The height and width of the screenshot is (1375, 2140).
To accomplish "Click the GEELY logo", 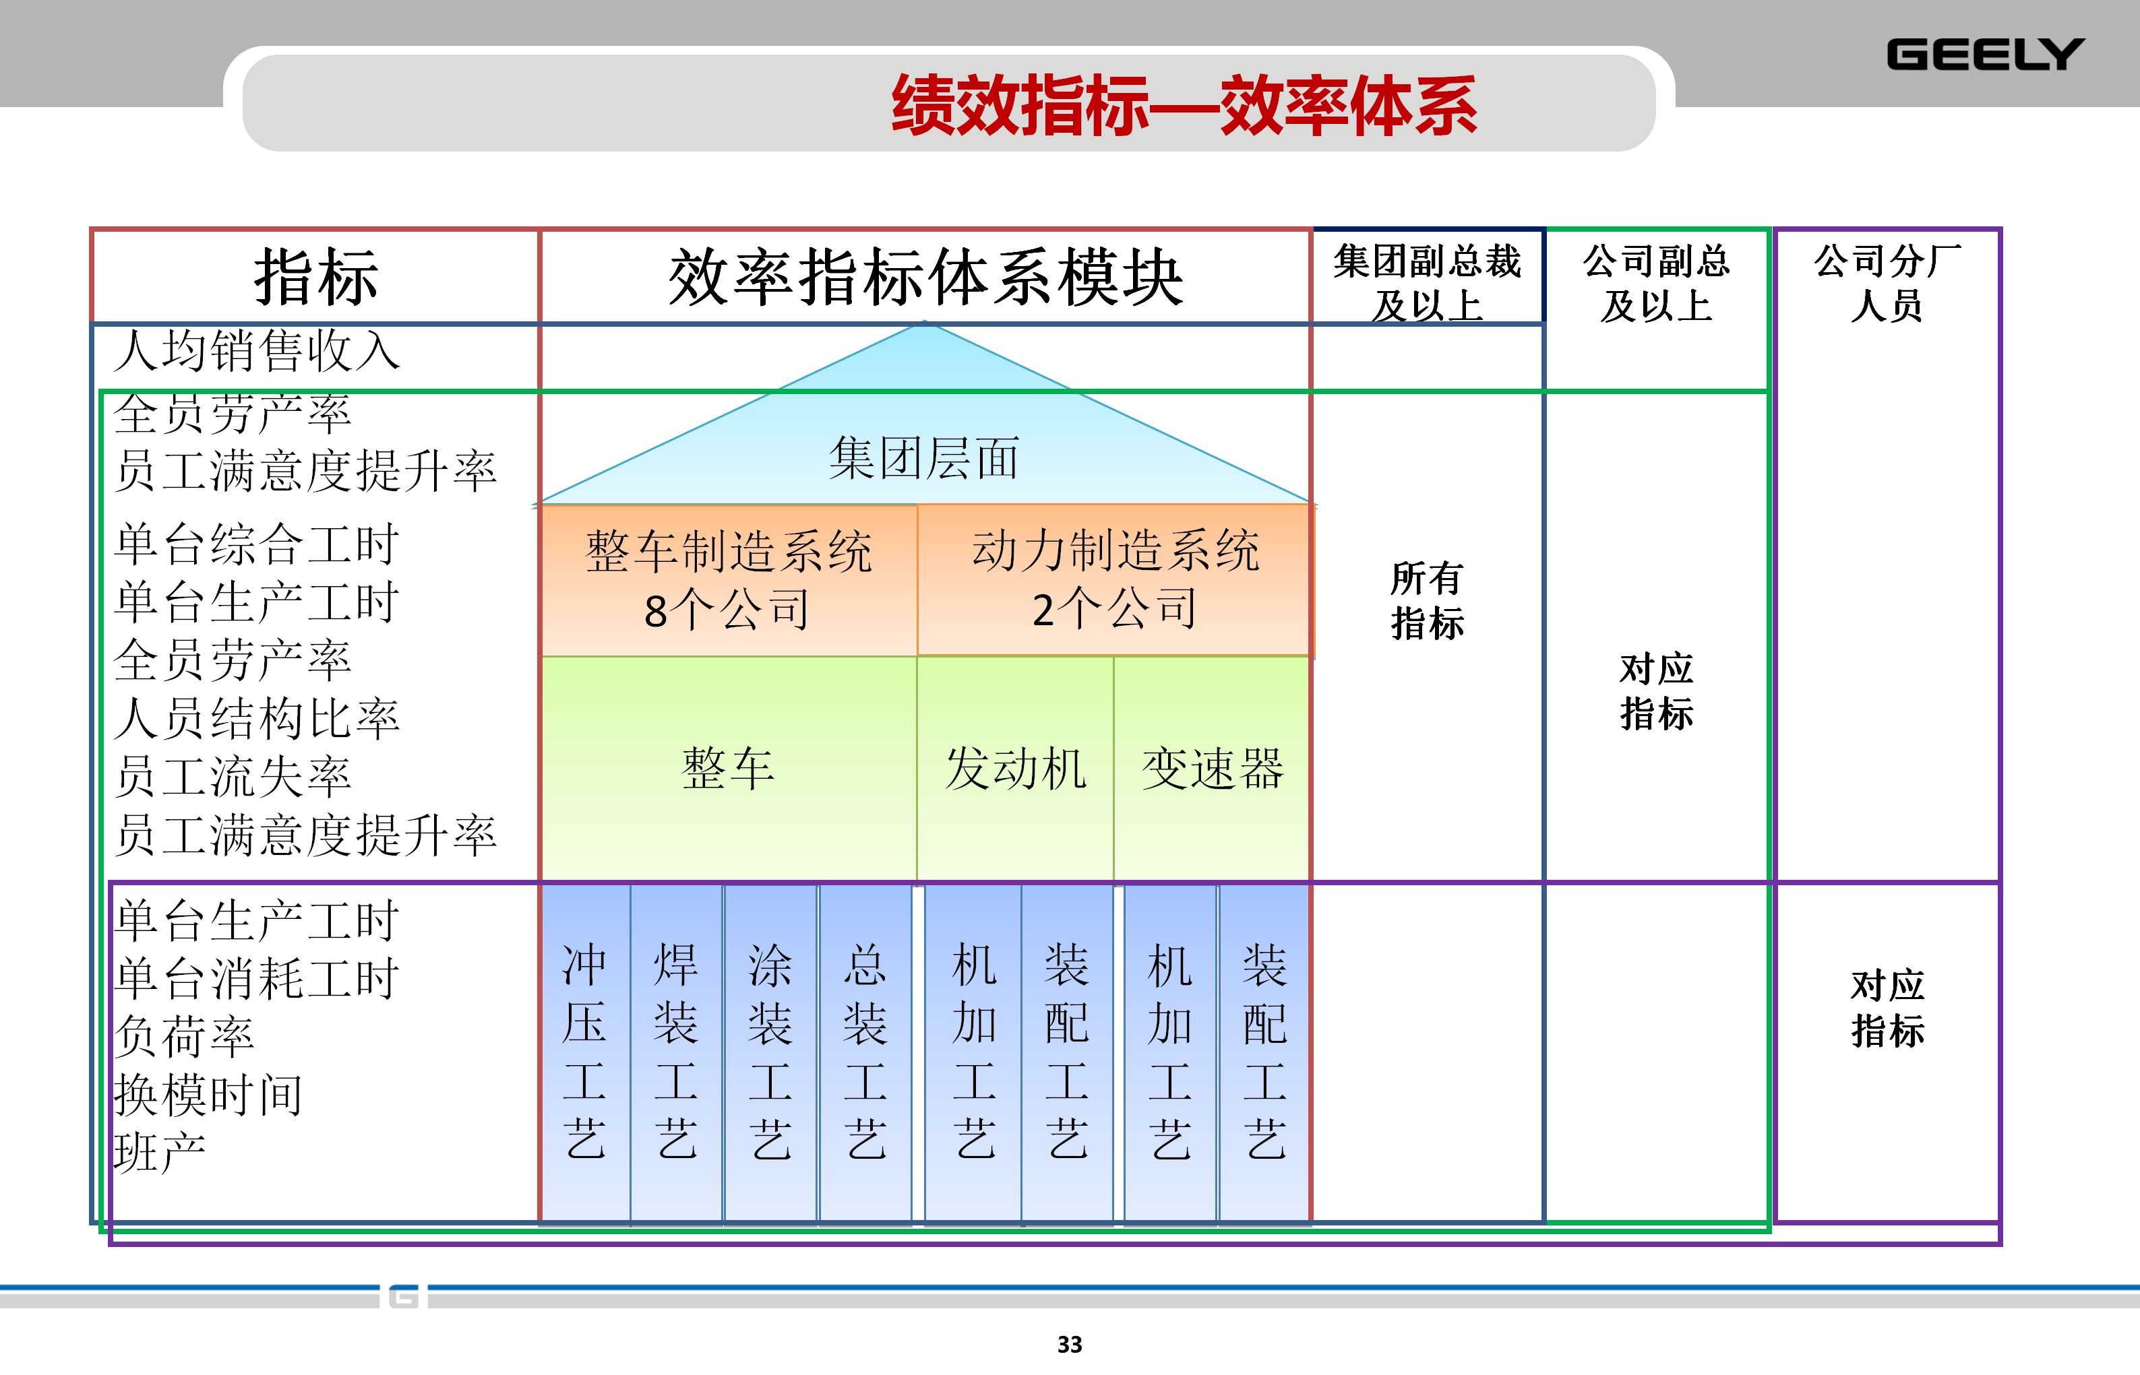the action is click(1984, 55).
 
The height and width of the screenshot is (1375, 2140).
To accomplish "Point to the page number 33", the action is click(1069, 1344).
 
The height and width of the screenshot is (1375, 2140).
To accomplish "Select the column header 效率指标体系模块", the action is click(925, 278).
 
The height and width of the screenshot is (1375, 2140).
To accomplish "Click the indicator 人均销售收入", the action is click(257, 350).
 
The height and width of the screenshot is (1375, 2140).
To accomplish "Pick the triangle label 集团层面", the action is click(923, 459).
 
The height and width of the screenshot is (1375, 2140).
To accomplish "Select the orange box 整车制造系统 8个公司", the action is click(728, 579).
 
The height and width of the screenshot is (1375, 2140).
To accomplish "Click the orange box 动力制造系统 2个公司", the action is click(1115, 579).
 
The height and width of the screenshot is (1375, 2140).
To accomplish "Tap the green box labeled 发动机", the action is click(1016, 769).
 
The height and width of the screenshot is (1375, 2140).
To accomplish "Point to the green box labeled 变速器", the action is click(1212, 769).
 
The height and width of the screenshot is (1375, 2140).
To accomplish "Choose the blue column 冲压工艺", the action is click(585, 1051).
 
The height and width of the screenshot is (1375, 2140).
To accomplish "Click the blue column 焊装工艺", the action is click(676, 1051).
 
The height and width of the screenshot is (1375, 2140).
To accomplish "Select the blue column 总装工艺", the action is click(865, 1051).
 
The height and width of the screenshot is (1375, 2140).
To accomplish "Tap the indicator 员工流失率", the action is click(233, 777).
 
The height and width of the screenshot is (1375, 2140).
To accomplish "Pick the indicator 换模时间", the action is click(209, 1095).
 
